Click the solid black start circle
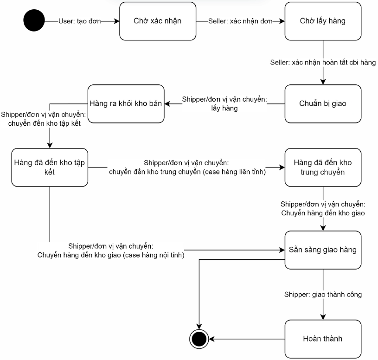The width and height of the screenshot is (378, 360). [x=34, y=20]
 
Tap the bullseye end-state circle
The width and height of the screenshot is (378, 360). [x=199, y=339]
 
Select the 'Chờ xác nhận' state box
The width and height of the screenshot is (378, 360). [x=158, y=21]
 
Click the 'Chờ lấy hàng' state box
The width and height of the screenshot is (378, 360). [x=323, y=21]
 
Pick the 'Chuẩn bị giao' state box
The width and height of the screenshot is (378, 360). [x=323, y=103]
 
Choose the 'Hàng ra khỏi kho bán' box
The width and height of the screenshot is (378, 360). [x=126, y=103]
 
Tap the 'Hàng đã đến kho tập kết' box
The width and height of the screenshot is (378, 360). [x=50, y=167]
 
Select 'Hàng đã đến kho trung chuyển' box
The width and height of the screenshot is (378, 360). [x=323, y=167]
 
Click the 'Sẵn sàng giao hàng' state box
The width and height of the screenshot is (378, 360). [x=323, y=250]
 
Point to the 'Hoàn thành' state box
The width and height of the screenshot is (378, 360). [x=323, y=339]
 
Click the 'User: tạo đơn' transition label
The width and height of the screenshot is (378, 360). [x=80, y=21]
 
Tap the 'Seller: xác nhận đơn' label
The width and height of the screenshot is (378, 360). [x=240, y=21]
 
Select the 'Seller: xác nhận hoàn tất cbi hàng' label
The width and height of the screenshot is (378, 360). [x=323, y=63]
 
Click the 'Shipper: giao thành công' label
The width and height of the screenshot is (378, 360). [x=323, y=295]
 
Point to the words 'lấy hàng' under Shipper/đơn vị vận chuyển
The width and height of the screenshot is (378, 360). [x=224, y=108]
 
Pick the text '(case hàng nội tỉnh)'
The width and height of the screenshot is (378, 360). [x=154, y=255]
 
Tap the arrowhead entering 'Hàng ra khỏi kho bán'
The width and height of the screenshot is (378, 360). [x=167, y=103]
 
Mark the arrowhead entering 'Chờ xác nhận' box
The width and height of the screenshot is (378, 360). [x=117, y=21]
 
